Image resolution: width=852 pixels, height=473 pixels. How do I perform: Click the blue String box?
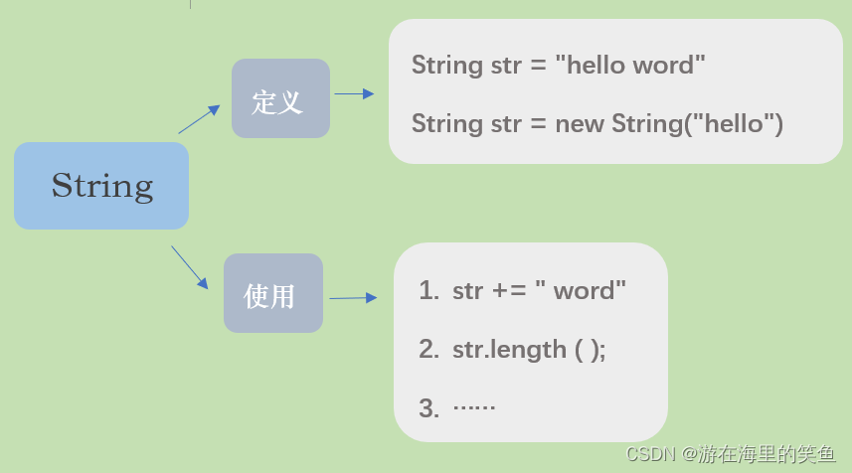coord(101,186)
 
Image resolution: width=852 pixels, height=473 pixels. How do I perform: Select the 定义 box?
coord(280,98)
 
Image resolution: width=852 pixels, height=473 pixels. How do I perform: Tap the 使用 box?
coord(272,293)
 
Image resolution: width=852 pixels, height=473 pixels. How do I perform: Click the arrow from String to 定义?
coord(199,118)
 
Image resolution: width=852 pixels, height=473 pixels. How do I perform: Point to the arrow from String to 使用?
coord(189,266)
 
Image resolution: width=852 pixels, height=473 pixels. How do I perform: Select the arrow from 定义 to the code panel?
coord(354,93)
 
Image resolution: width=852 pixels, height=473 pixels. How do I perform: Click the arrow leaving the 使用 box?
coord(353,297)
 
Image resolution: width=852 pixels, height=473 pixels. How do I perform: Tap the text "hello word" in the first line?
coord(630,66)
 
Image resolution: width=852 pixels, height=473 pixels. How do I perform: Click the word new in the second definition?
coord(580,124)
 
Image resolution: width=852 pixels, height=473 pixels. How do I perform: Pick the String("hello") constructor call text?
coord(697,124)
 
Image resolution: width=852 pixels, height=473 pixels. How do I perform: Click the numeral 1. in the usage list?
coord(428,291)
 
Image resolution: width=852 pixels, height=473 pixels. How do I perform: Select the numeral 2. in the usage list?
coord(428,350)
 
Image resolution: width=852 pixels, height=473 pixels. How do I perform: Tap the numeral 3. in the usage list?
coord(428,407)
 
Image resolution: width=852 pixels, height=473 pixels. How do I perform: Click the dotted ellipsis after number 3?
coord(474,406)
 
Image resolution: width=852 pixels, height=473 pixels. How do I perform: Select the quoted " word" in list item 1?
coord(581,291)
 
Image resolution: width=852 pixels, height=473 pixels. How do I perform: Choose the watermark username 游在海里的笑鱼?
coord(766,454)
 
